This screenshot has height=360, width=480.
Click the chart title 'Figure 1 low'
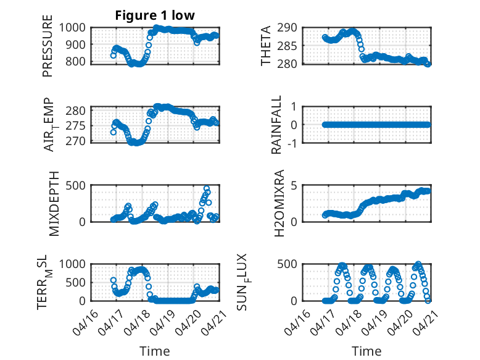click(x=155, y=15)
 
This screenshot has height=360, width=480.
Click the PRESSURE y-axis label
click(x=48, y=46)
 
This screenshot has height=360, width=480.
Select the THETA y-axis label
click(x=266, y=46)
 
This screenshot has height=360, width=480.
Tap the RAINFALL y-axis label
click(x=276, y=124)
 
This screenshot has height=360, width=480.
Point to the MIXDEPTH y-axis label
click(x=54, y=204)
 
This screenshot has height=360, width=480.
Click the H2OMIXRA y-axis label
click(x=279, y=203)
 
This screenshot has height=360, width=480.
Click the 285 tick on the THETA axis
click(x=287, y=46)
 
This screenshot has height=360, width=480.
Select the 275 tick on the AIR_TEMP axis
click(x=76, y=126)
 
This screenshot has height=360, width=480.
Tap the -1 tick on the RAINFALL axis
click(x=292, y=143)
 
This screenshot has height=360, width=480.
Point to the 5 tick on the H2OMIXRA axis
click(x=294, y=185)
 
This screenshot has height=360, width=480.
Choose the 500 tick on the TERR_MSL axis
click(x=76, y=282)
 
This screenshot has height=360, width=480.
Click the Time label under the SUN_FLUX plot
click(x=366, y=351)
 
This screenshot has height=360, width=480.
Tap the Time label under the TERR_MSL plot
click(x=155, y=351)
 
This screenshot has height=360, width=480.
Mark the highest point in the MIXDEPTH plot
click(x=207, y=189)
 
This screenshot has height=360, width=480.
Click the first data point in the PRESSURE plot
click(x=114, y=56)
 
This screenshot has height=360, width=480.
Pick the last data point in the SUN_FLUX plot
click(x=428, y=301)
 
